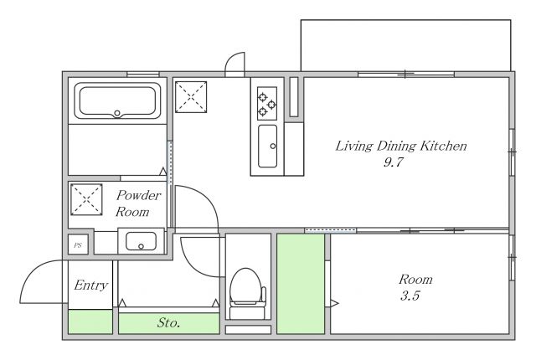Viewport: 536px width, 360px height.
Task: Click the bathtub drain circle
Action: click(117, 113)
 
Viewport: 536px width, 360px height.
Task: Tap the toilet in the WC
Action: click(246, 293)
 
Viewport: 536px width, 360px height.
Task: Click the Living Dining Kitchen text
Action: click(400, 147)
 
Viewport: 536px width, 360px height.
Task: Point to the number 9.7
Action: click(394, 162)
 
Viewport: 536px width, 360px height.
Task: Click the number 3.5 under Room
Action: click(410, 296)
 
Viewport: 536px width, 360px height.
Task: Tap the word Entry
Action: click(90, 285)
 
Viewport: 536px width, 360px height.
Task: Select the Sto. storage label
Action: click(168, 323)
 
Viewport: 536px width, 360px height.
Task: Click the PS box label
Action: click(78, 245)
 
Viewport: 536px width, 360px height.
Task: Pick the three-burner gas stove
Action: click(267, 103)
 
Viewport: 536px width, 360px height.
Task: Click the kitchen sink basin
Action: click(267, 147)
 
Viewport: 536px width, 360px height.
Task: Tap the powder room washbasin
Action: click(141, 241)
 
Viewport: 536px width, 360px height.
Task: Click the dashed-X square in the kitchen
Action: click(191, 97)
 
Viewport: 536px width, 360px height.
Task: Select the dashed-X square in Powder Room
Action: click(86, 200)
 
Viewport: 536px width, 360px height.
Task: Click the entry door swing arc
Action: click(34, 270)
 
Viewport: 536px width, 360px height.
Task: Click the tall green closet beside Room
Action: click(301, 284)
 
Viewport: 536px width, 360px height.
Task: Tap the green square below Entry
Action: click(90, 321)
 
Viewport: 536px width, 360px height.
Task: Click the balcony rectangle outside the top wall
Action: click(405, 20)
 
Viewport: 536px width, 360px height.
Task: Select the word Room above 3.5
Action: click(415, 280)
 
